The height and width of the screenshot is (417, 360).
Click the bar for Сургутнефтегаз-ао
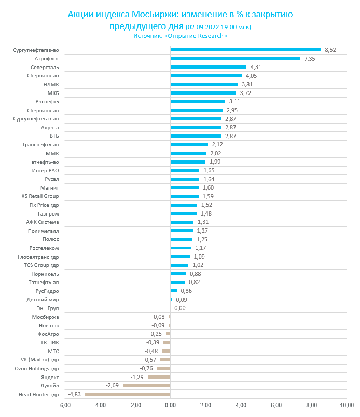pyautogui.click(x=245, y=50)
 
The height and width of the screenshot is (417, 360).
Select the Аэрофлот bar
pyautogui.click(x=235, y=59)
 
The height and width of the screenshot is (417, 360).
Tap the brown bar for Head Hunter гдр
pyautogui.click(x=128, y=394)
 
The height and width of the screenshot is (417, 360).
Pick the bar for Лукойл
pyautogui.click(x=146, y=386)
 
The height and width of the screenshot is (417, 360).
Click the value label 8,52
pyautogui.click(x=330, y=50)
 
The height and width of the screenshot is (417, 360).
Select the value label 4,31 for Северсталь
pyautogui.click(x=256, y=67)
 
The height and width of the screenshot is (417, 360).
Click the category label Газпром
pyautogui.click(x=48, y=213)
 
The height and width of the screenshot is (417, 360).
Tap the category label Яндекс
pyautogui.click(x=50, y=377)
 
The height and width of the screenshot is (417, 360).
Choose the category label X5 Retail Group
pyautogui.click(x=40, y=196)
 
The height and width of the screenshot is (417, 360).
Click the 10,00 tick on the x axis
pyautogui.click(x=346, y=406)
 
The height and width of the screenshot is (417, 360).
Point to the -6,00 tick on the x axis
pyautogui.click(x=64, y=406)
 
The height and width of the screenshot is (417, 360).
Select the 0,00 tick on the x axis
pyautogui.click(x=170, y=406)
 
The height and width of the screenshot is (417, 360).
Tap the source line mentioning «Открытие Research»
pyautogui.click(x=180, y=36)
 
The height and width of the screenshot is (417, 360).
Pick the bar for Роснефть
pyautogui.click(x=198, y=102)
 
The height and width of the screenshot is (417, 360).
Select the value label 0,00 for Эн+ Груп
pyautogui.click(x=180, y=308)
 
